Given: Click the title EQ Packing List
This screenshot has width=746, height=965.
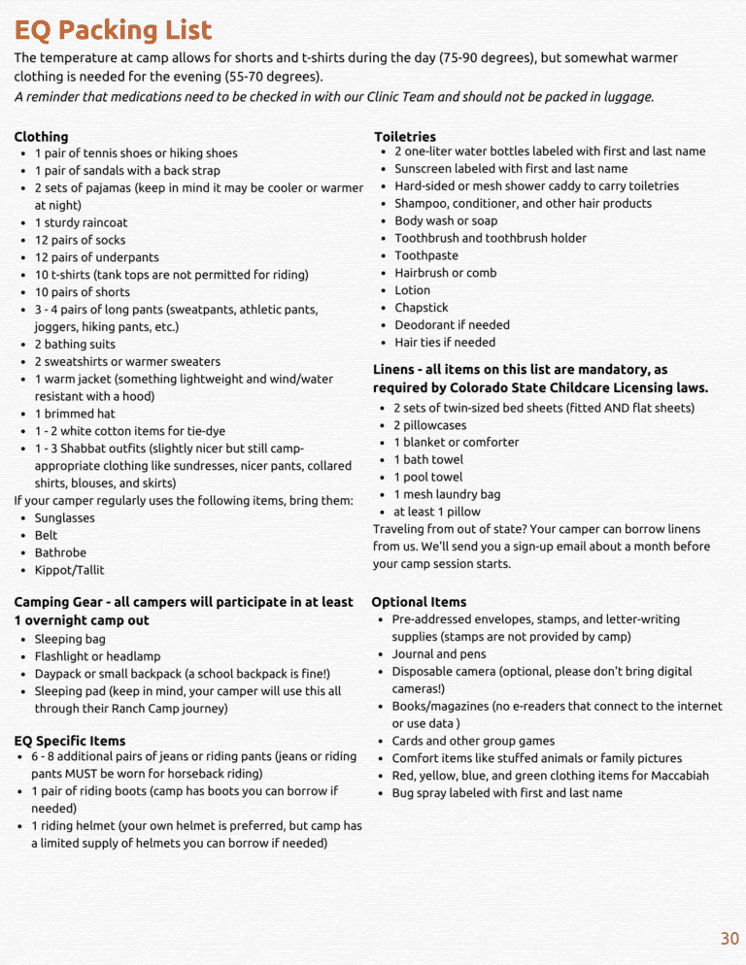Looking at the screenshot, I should [113, 30].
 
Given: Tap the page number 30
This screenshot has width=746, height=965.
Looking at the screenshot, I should [729, 938].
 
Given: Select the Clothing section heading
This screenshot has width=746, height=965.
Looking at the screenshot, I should [41, 137].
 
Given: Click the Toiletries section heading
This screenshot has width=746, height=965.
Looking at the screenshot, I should [405, 137].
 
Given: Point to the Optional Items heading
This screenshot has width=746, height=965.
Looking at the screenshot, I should [419, 602].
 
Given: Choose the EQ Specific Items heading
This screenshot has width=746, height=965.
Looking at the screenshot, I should [70, 741].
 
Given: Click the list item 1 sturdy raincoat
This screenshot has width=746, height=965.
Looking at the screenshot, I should [81, 222].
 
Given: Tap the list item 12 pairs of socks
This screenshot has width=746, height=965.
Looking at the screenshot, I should [80, 240].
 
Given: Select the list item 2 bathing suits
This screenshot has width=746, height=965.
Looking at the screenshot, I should [75, 345].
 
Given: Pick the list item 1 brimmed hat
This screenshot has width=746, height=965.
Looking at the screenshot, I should [75, 414].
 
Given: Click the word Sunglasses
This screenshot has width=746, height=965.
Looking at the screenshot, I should [65, 518].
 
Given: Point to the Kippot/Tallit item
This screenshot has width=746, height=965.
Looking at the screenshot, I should [69, 570].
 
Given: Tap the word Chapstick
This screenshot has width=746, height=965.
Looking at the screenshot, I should [422, 308].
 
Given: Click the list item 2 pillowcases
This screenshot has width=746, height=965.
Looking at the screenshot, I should [429, 425].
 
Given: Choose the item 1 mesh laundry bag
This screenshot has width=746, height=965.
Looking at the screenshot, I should [447, 494].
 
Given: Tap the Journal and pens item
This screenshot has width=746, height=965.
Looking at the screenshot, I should [439, 654].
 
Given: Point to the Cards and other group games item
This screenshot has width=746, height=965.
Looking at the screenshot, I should [473, 741].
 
